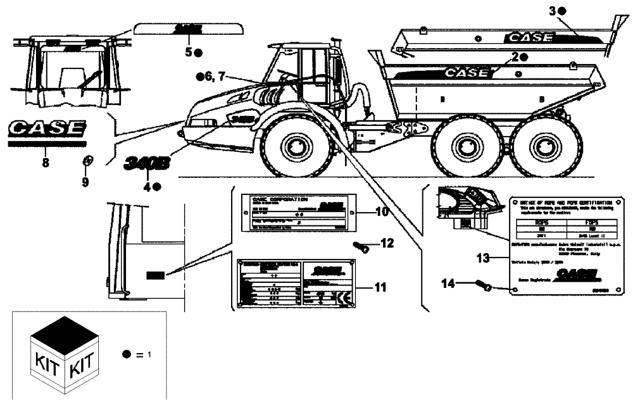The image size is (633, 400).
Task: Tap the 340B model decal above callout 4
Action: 147,163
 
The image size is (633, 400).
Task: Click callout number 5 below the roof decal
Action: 188,52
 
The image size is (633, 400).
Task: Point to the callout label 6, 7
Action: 211,77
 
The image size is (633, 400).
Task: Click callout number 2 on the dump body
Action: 515,57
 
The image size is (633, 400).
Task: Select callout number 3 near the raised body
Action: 552,11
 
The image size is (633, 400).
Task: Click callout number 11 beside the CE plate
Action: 380,287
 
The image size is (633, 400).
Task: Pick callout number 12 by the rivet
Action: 387,243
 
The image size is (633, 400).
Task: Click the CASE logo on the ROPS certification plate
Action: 575,273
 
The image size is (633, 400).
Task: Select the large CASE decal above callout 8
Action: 46,128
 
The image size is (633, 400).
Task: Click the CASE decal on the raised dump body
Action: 528,37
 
